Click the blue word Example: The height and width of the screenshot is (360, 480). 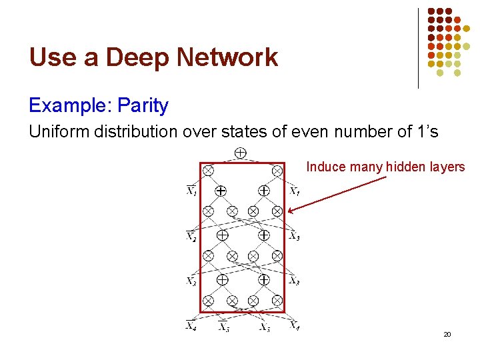pos(69,105)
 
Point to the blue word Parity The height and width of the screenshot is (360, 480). pos(142,105)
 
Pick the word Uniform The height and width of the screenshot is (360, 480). pos(57,132)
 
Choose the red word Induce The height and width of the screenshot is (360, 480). pos(323,167)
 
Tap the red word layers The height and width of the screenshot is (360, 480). pos(447,167)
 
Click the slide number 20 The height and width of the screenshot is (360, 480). pos(447,333)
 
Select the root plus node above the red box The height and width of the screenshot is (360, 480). pos(241,153)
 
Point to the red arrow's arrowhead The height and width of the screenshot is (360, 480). pos(293,210)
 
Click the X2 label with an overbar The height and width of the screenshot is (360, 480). pos(191,236)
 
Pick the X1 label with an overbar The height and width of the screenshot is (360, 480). pos(191,192)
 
